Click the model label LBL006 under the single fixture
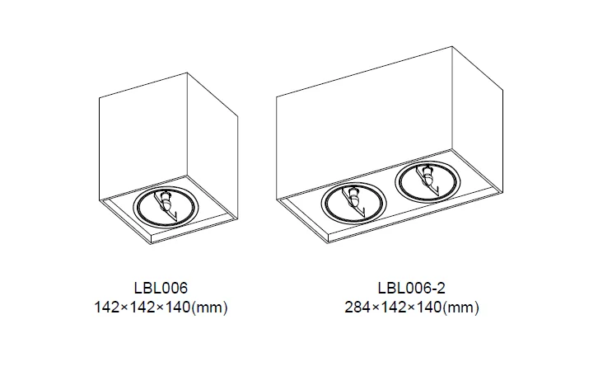[x=161, y=288]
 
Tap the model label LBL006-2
[x=412, y=288]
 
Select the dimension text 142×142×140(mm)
[x=161, y=308]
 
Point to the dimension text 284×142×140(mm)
[x=412, y=308]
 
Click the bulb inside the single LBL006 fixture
[x=166, y=200]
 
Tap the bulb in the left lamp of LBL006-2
[x=354, y=196]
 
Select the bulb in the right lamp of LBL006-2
[x=428, y=175]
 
